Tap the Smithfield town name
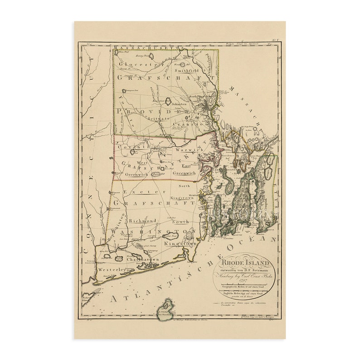[186, 71]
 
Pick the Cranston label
[197, 124]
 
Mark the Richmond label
[143, 221]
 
